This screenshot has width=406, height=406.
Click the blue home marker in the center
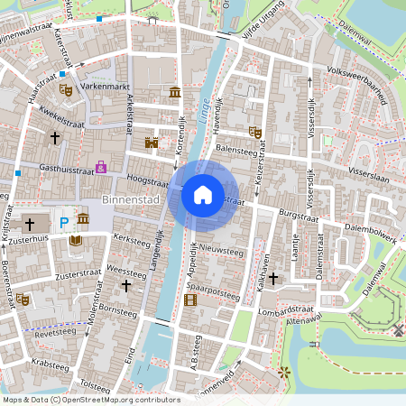203,194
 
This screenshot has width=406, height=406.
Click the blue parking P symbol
64,222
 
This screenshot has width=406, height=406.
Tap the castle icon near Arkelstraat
152,143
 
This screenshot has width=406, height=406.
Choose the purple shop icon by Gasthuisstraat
101,167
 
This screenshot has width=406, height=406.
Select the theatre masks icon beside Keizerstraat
254,132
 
